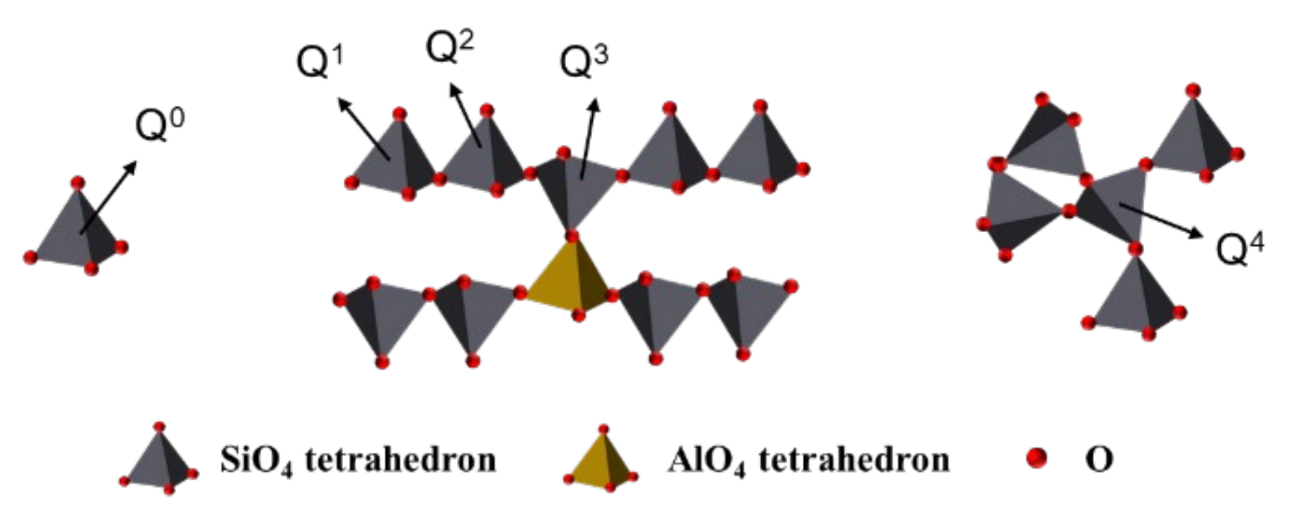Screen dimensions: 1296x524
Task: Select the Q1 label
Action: tap(319, 61)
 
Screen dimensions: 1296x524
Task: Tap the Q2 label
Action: tap(449, 46)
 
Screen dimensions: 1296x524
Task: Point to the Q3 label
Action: tap(583, 61)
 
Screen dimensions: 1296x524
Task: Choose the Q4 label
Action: tap(1240, 248)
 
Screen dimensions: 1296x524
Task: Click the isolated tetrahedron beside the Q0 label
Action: tap(75, 232)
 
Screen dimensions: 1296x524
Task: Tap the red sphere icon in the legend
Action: tap(1036, 458)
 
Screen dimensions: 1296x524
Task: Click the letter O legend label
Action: tap(1099, 459)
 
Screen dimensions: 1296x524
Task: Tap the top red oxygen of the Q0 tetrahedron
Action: tap(78, 183)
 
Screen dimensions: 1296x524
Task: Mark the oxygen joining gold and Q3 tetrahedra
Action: tap(572, 237)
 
